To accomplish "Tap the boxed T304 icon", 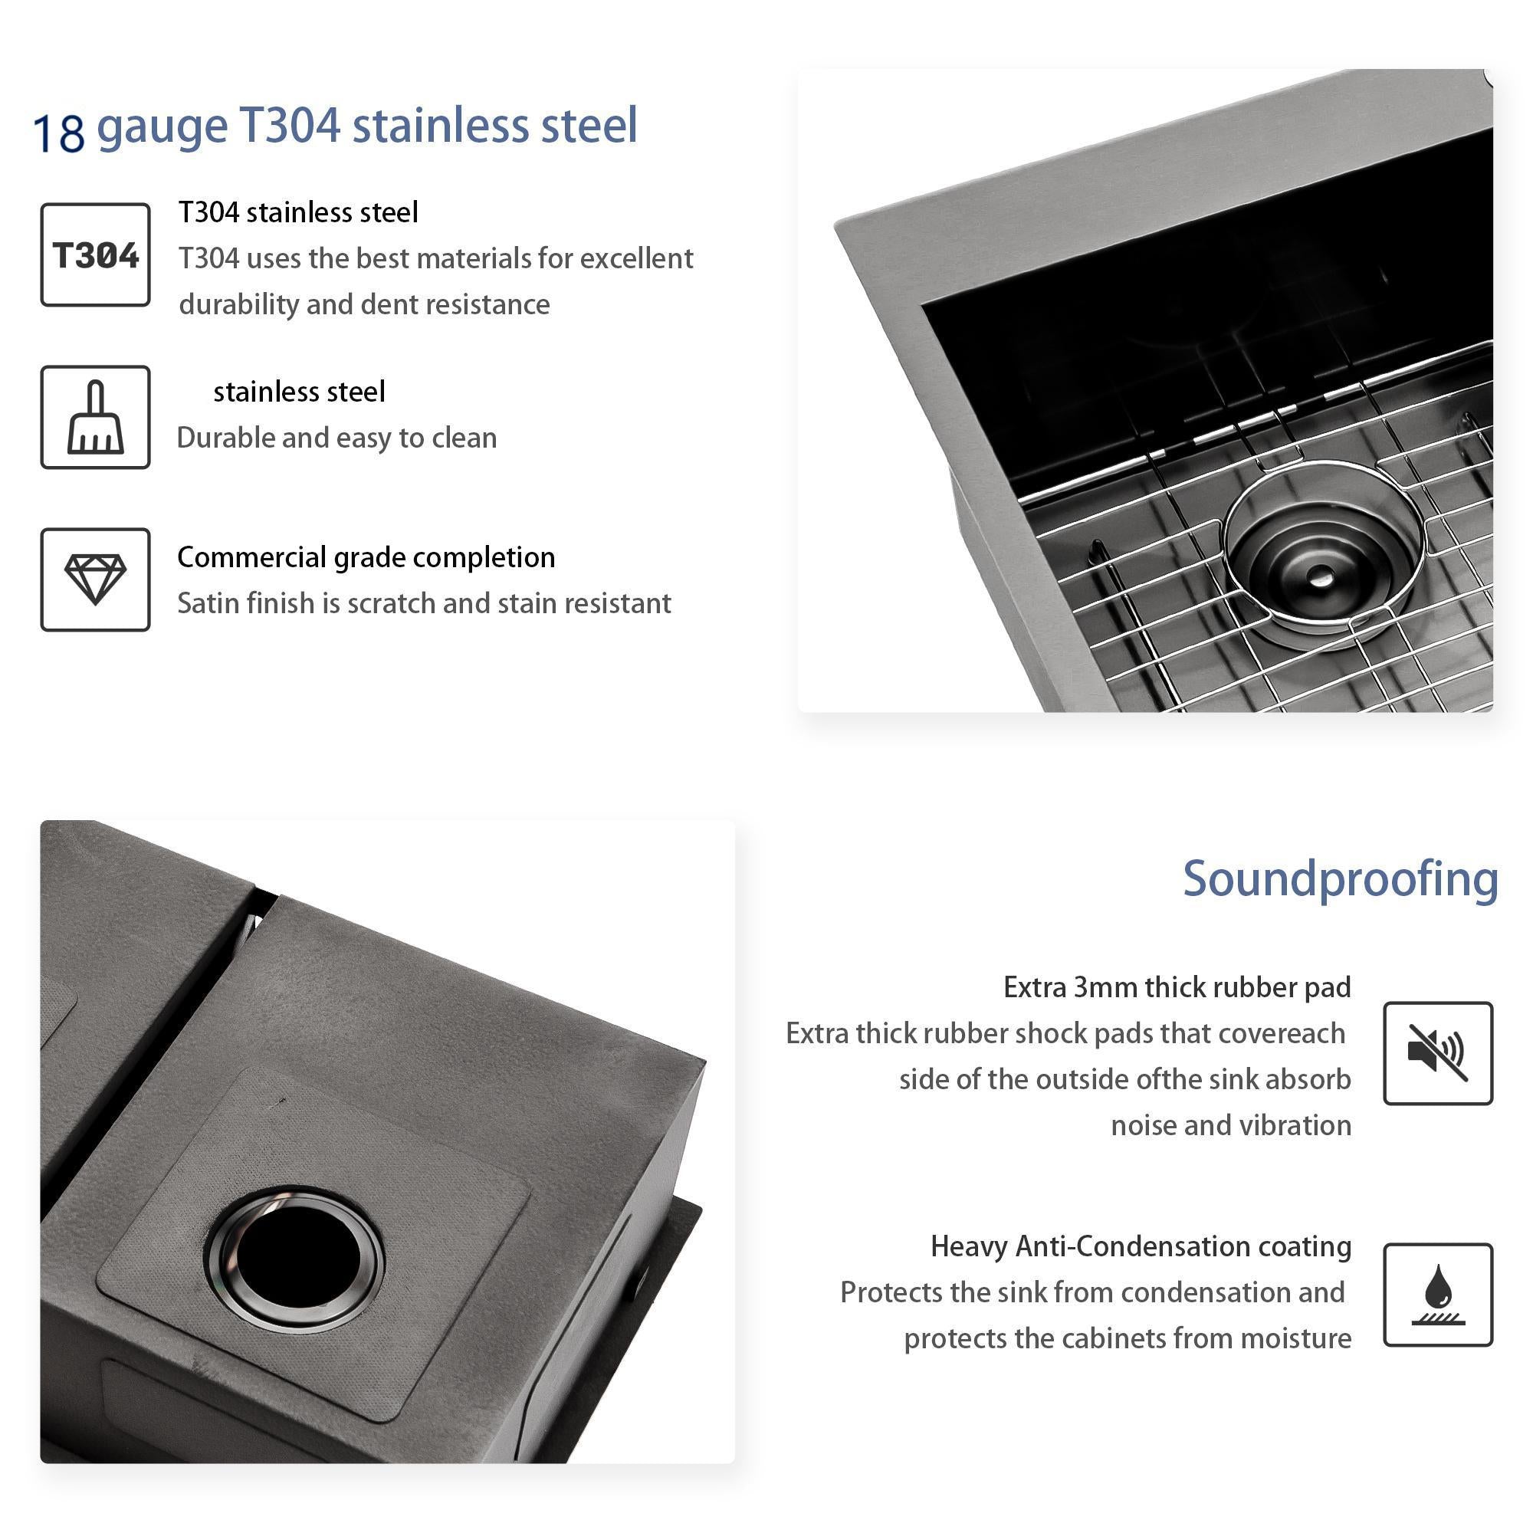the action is coord(95,254).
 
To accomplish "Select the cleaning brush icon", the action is coord(95,418).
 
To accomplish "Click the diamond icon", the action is coord(95,580).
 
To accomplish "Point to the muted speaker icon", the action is coord(1438,1053).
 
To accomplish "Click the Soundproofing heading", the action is coord(1340,880).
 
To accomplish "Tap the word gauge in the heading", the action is coord(162,129).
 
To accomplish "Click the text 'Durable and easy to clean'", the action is coord(336,437).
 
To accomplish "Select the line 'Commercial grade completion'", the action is coord(366,558).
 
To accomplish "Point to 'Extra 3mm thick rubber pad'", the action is coord(1177,987).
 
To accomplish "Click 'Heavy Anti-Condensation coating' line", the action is coord(1141,1246).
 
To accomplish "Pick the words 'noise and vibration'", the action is coord(1231,1125).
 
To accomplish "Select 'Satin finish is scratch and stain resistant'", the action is coord(424,604).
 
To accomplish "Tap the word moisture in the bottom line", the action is coord(1295,1338).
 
